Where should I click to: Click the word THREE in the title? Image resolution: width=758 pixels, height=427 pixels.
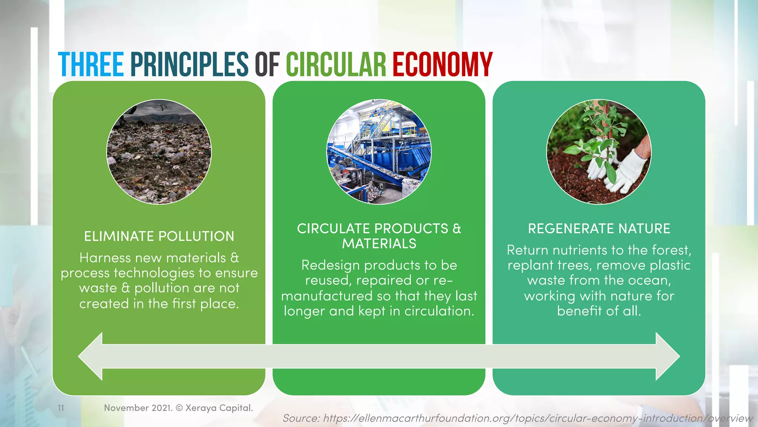(91, 64)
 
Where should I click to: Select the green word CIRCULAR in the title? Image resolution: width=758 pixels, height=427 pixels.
(336, 64)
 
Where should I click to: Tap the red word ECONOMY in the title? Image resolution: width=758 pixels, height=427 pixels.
(442, 64)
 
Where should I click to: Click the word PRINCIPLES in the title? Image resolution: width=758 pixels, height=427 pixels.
(189, 64)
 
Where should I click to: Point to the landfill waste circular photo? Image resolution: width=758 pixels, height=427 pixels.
(159, 152)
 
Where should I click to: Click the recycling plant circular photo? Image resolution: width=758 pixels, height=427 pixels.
(379, 152)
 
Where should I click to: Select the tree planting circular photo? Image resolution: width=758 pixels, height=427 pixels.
(598, 152)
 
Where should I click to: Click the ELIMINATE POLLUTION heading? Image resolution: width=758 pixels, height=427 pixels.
(159, 236)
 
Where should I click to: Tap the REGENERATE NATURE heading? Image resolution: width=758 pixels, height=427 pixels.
(599, 228)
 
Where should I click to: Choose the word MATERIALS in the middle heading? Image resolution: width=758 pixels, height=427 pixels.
(379, 244)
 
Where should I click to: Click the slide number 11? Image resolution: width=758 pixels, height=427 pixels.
(61, 408)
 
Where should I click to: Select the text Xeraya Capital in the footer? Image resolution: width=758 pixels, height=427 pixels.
(219, 408)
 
